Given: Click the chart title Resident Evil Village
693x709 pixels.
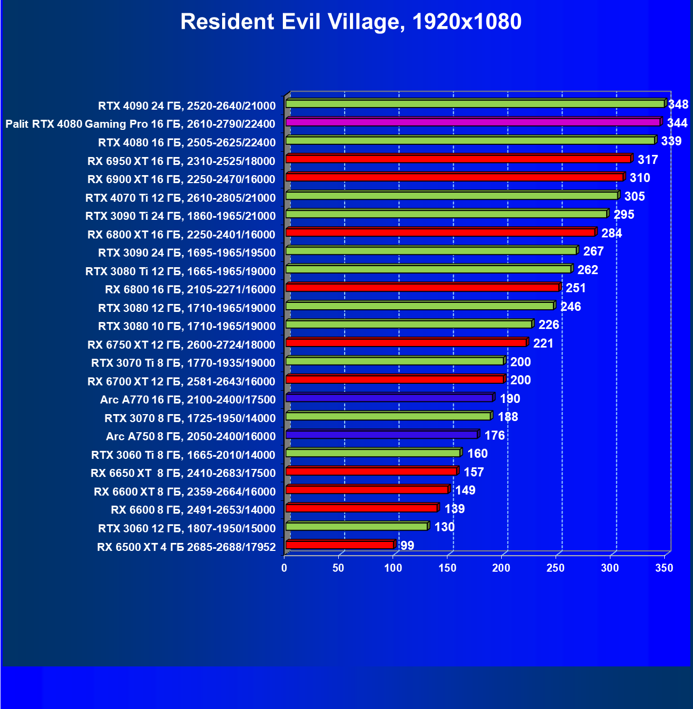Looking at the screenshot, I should tap(350, 22).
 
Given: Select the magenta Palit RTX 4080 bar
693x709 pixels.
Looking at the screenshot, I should tap(473, 122).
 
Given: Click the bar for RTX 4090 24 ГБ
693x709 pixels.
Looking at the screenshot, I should tap(475, 104).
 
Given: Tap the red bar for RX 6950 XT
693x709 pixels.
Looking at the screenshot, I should tap(458, 159).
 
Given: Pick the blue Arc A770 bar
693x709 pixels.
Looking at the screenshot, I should tap(389, 398).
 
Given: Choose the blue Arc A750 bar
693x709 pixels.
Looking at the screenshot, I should tap(382, 435).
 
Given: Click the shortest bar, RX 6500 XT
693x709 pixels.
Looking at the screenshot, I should tap(340, 545).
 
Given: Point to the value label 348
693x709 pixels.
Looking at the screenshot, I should tap(678, 104).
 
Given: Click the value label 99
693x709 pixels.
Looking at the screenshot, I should tap(407, 546).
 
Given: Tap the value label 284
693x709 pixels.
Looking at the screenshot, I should tap(612, 233).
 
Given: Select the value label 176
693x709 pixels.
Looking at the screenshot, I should tap(494, 435).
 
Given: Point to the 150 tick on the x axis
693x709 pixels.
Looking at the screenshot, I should tap(447, 568).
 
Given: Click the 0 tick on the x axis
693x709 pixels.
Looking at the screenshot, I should tap(284, 568).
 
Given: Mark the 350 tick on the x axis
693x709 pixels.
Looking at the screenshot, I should tap(664, 568).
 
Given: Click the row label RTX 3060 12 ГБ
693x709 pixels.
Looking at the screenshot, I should tap(187, 528).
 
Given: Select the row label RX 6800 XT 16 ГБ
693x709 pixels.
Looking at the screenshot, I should tap(181, 234).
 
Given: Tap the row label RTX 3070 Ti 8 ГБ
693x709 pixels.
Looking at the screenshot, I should tap(183, 363).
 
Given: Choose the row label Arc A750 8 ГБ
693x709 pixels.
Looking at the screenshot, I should tap(191, 436).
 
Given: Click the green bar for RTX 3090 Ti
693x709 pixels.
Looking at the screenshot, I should tap(446, 214).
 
